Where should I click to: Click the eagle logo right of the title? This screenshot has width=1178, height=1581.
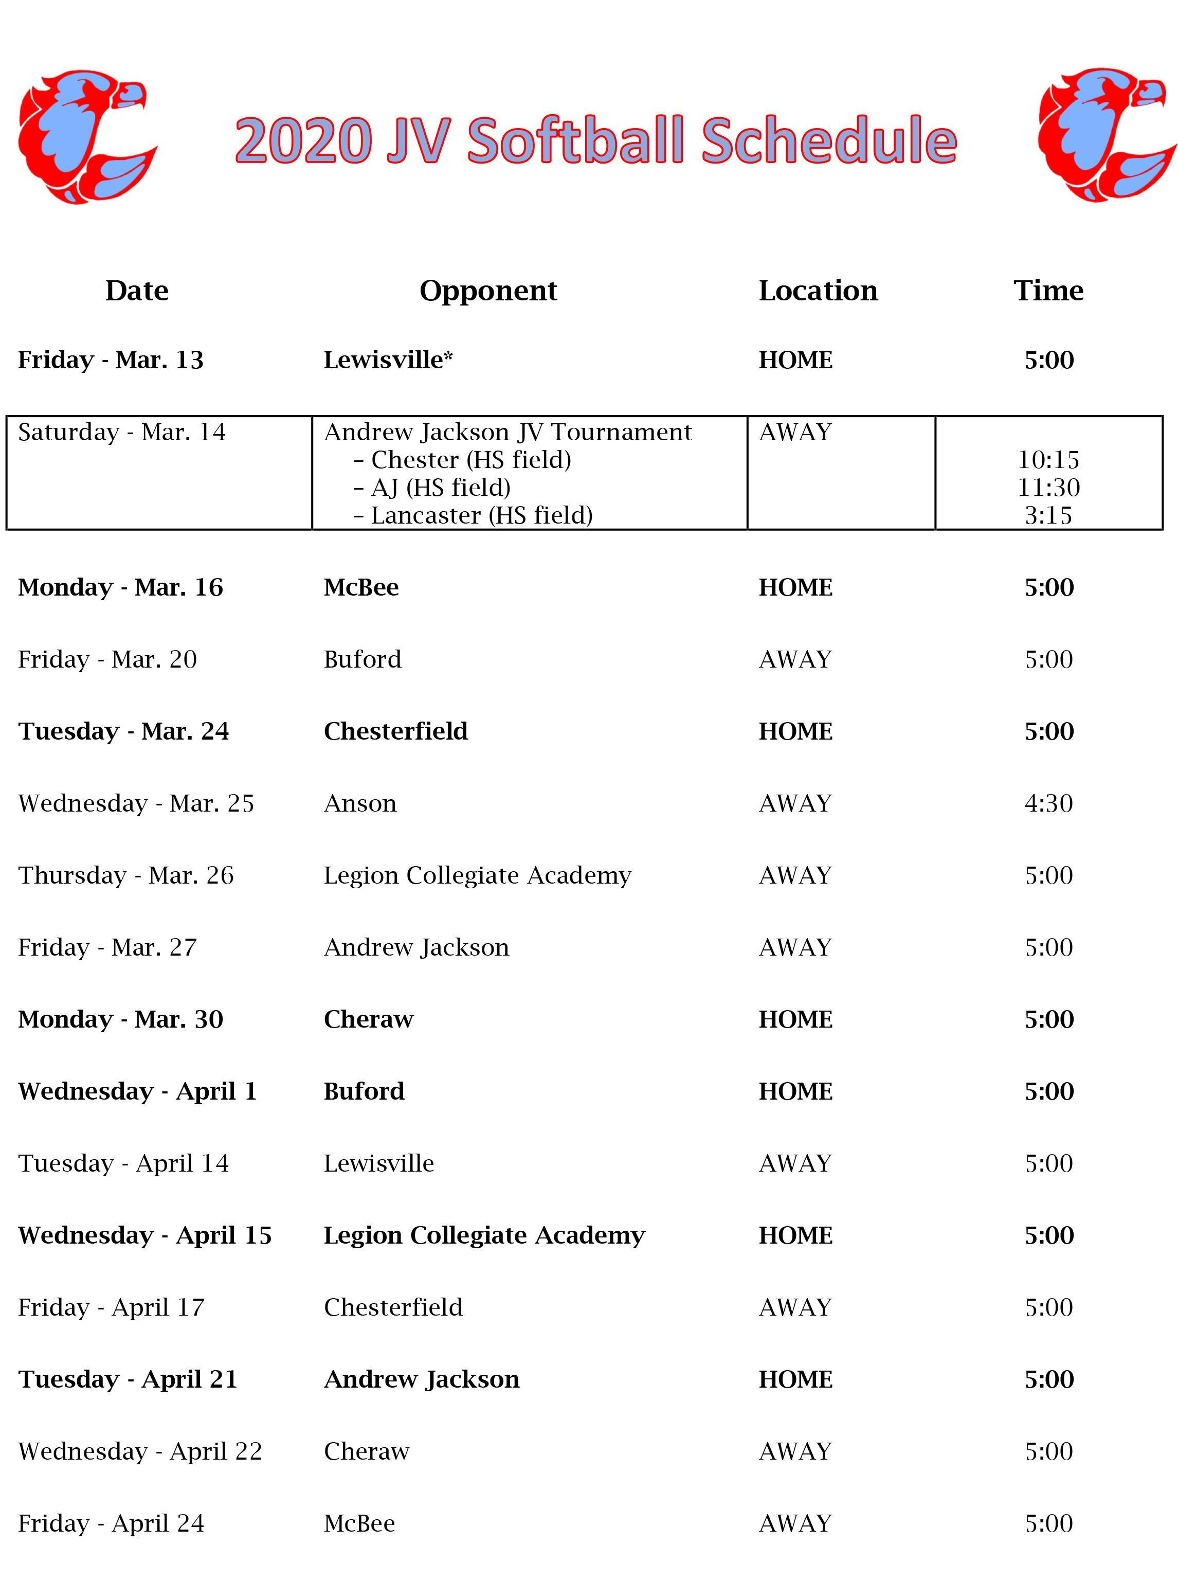point(1106,135)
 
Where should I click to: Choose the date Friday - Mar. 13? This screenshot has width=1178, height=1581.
point(111,360)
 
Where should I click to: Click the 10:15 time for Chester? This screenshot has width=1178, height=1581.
point(1048,460)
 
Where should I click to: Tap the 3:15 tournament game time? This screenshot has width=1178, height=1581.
point(1048,515)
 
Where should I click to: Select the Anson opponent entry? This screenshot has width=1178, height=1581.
point(360,804)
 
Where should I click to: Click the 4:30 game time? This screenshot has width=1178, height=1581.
point(1048,804)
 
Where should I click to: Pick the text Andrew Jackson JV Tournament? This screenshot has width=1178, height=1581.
point(508,432)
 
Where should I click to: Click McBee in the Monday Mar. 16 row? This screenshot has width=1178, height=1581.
point(361,588)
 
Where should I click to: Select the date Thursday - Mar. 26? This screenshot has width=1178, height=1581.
point(125,876)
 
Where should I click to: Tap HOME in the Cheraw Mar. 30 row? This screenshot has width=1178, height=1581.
point(795,1020)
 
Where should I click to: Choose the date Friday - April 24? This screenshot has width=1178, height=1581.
point(111,1523)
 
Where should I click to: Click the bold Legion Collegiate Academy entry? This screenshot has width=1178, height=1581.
point(484,1236)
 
